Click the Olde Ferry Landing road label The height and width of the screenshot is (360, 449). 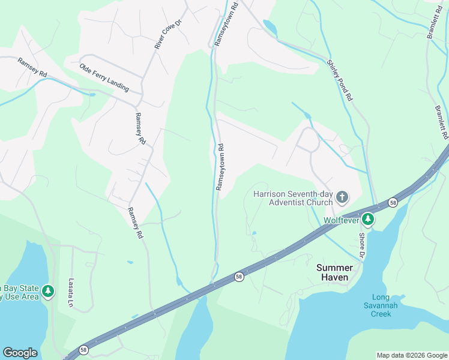tap(104, 78)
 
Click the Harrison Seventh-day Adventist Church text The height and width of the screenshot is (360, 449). tap(293, 198)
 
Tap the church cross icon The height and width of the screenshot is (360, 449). tap(342, 197)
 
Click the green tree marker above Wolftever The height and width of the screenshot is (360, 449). tap(367, 220)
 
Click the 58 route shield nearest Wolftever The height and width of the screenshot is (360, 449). tap(392, 202)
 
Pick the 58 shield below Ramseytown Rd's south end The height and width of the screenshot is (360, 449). tap(239, 277)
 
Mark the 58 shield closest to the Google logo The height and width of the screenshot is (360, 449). tap(83, 350)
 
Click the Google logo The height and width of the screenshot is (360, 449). tap(20, 353)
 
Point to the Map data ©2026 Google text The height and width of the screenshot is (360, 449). tap(412, 355)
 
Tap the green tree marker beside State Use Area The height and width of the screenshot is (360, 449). tap(48, 292)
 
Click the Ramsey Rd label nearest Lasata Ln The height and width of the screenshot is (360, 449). tap(135, 223)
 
